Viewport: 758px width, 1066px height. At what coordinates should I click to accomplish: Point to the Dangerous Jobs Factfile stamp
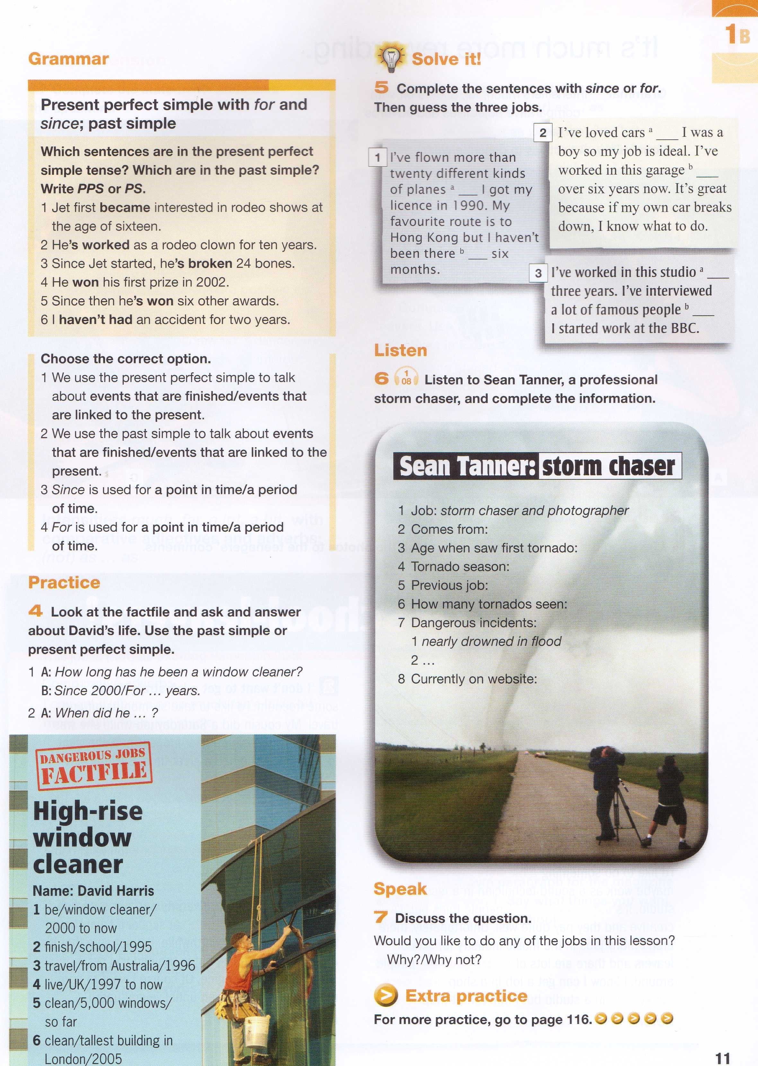(x=94, y=765)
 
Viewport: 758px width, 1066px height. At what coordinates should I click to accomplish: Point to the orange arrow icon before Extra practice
(x=385, y=996)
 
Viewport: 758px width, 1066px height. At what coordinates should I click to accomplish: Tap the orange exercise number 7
(x=381, y=917)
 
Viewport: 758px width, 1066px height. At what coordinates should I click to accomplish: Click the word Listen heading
(x=401, y=350)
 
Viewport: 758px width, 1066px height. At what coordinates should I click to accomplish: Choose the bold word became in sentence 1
(x=125, y=208)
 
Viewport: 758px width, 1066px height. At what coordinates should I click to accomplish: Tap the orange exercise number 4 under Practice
(x=35, y=611)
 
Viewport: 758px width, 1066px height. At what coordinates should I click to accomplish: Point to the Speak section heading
(x=400, y=889)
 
